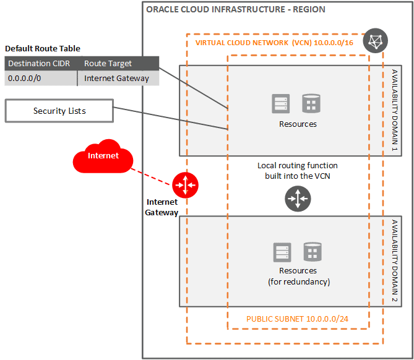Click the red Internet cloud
103,157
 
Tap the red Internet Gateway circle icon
185,184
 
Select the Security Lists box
59,111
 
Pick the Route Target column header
108,63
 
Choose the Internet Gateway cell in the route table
116,78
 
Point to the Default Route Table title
43,49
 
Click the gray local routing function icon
298,199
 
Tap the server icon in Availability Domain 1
282,103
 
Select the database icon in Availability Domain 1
311,103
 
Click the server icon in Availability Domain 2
282,252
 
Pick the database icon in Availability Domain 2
312,252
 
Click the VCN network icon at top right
375,41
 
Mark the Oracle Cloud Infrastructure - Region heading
235,10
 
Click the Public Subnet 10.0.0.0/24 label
298,319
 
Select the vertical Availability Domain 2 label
394,261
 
